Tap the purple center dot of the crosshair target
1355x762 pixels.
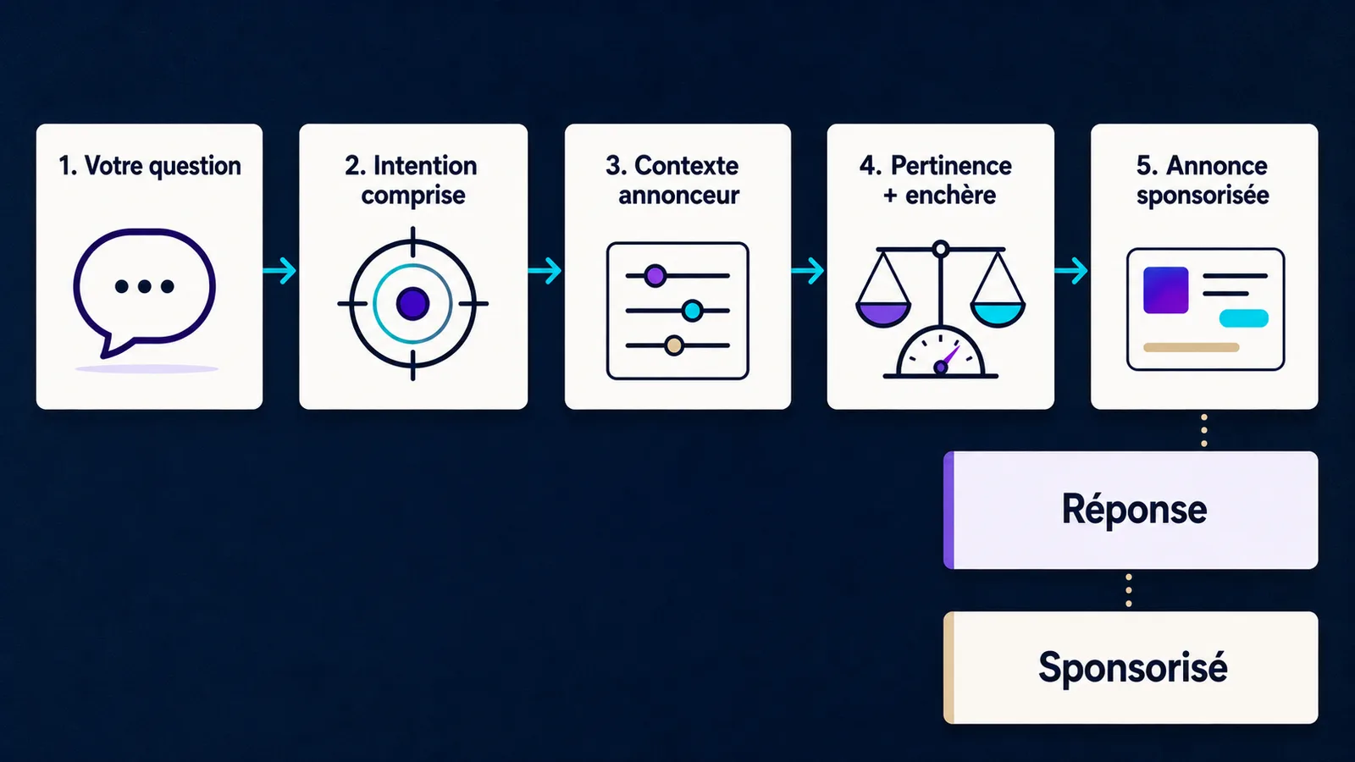[412, 304]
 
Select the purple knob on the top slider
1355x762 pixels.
[655, 276]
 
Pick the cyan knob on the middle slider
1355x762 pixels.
[692, 311]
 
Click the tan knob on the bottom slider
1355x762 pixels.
[674, 346]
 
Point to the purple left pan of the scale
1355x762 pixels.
[883, 314]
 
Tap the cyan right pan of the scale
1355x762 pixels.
[998, 314]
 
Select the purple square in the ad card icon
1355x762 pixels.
[1165, 290]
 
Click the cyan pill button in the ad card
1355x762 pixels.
[1244, 318]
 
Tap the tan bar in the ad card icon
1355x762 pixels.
[1191, 347]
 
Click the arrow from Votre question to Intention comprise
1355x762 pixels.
[280, 270]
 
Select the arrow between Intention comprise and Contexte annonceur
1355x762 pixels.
[545, 270]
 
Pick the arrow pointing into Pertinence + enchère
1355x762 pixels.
[808, 270]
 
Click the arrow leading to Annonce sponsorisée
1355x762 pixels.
[1071, 270]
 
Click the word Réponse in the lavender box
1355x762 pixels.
[1134, 509]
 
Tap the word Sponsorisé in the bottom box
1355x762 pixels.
[1133, 668]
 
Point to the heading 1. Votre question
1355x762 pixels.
[149, 166]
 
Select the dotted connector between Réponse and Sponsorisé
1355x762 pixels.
[1129, 591]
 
